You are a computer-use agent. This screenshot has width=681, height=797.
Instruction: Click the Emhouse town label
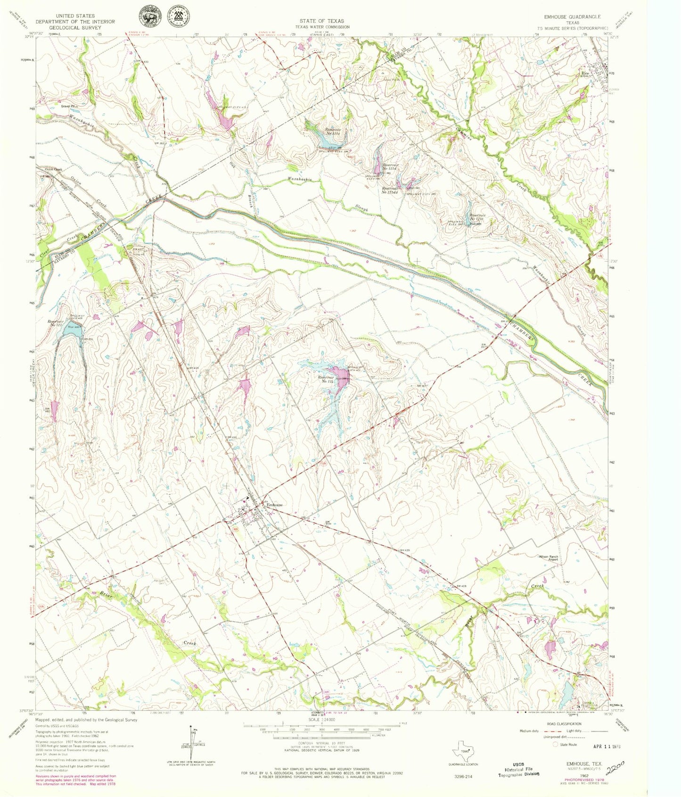tap(275, 505)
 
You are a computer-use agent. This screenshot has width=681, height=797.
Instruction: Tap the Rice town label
tap(586, 74)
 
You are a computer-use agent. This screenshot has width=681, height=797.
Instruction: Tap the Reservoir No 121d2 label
tap(391, 190)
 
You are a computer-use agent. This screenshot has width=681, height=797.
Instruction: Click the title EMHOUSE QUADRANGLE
tap(572, 17)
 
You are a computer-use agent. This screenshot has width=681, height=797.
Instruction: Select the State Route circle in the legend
tap(556, 744)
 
